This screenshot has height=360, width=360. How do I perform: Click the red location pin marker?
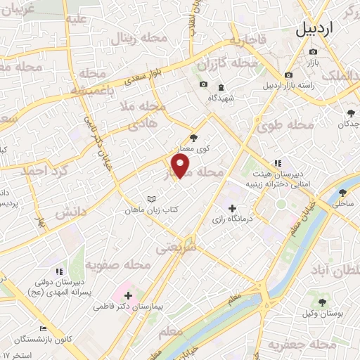coord(181,166)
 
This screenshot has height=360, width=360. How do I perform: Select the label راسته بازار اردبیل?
coord(287,86)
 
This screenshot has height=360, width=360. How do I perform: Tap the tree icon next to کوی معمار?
coord(194,138)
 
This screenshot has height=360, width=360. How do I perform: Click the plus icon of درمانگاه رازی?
coord(233,207)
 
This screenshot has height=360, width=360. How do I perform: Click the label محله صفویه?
coord(118,265)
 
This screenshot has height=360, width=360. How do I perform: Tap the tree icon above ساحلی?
coord(343,193)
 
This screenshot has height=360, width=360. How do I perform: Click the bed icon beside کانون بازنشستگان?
coord(43,328)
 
